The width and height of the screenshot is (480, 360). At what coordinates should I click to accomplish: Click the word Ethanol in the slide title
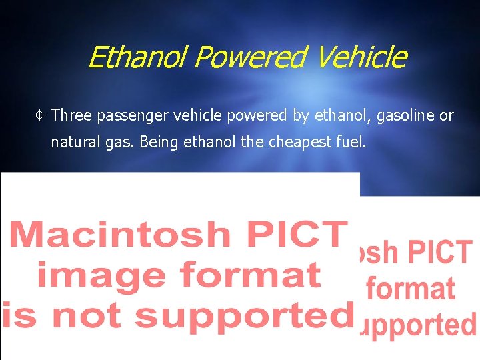(x=137, y=57)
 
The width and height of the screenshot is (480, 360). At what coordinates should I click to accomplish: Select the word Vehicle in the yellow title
(x=361, y=57)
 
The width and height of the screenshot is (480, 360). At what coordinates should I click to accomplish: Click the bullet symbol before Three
(x=41, y=116)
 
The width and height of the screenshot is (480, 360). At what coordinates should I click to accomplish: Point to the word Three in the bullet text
(x=71, y=116)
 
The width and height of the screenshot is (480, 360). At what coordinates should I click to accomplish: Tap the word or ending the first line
(x=446, y=116)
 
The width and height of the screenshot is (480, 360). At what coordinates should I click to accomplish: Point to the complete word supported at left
(x=249, y=315)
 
